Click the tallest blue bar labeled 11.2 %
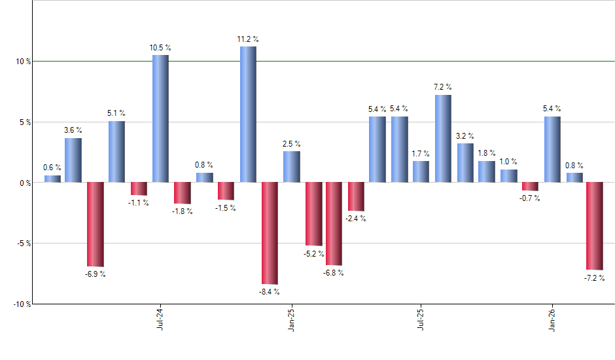[x=248, y=115]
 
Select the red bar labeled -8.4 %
[x=270, y=233]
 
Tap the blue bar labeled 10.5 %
[x=160, y=118]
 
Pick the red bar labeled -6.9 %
[x=96, y=224]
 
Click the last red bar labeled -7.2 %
[x=594, y=226]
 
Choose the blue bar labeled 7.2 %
[x=443, y=139]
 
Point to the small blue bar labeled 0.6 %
[x=52, y=179]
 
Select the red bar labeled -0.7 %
[x=530, y=187]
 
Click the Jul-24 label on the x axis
[x=160, y=319]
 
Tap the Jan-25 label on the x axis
[x=291, y=319]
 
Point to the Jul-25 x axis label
[x=421, y=319]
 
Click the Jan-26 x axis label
[x=552, y=319]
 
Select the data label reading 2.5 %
[x=291, y=144]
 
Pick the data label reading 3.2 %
[x=465, y=136]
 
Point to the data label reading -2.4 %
[x=355, y=219]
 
